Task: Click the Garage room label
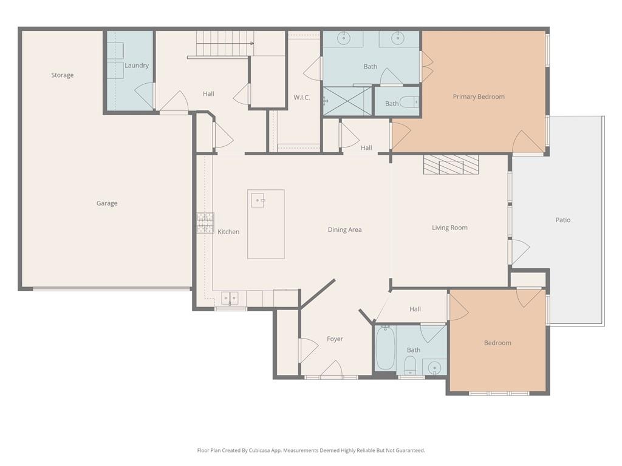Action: tap(107, 203)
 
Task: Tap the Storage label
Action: tap(63, 75)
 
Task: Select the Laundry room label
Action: tap(137, 66)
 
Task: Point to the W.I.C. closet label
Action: tap(302, 98)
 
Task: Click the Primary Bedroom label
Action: tap(479, 96)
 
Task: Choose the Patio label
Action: tap(563, 220)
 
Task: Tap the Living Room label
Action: tap(449, 228)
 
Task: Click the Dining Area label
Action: tap(344, 229)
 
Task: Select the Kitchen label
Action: tap(228, 232)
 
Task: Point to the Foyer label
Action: tap(335, 339)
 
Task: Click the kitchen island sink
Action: tap(258, 200)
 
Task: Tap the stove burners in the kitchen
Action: tap(205, 223)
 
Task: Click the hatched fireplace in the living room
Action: tap(451, 165)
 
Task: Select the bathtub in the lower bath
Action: tap(385, 348)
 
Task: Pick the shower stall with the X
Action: tap(347, 101)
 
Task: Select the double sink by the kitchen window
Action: tap(230, 298)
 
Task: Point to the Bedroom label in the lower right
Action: tap(497, 343)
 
